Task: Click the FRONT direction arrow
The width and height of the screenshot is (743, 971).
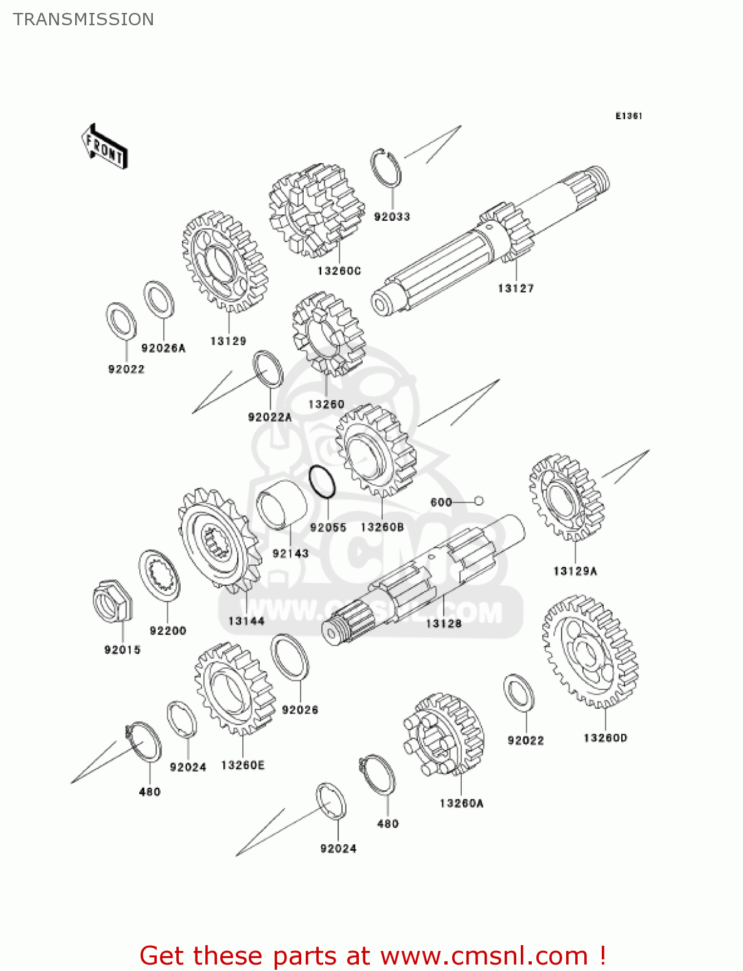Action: pos(104,147)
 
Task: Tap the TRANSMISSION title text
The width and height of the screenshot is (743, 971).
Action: pos(84,19)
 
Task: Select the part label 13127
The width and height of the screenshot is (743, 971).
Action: pos(516,289)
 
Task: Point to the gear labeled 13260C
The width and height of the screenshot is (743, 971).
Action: pos(316,208)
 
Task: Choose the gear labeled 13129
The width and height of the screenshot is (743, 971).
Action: pos(225,262)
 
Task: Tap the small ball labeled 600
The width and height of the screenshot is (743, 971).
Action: pos(479,500)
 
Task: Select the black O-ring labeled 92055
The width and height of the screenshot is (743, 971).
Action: pos(322,482)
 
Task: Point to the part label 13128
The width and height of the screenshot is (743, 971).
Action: pos(444,623)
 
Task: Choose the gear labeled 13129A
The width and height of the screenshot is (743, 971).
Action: pos(566,497)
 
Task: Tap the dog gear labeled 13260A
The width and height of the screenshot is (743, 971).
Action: pos(444,735)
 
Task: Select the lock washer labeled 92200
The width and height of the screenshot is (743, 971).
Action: pos(159,575)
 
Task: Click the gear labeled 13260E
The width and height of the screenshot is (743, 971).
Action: pos(234,689)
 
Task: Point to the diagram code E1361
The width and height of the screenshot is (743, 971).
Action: pos(628,116)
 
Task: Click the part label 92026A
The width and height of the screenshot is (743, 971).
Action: pos(163,348)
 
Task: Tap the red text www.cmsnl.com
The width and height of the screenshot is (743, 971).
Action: pos(484,955)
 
